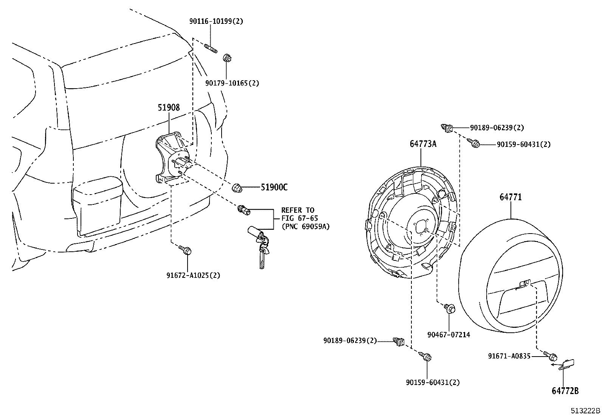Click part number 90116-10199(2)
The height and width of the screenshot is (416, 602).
click(216, 22)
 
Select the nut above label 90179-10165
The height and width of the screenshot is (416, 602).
click(227, 58)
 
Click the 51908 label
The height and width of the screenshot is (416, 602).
click(169, 108)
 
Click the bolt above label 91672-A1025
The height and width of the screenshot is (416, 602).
click(187, 250)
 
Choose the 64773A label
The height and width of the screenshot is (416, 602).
click(423, 144)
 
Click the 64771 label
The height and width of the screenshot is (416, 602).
click(510, 197)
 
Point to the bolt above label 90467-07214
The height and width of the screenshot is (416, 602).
click(449, 308)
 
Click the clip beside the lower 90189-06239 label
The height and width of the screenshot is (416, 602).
click(399, 341)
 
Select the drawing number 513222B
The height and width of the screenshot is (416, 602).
click(585, 411)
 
